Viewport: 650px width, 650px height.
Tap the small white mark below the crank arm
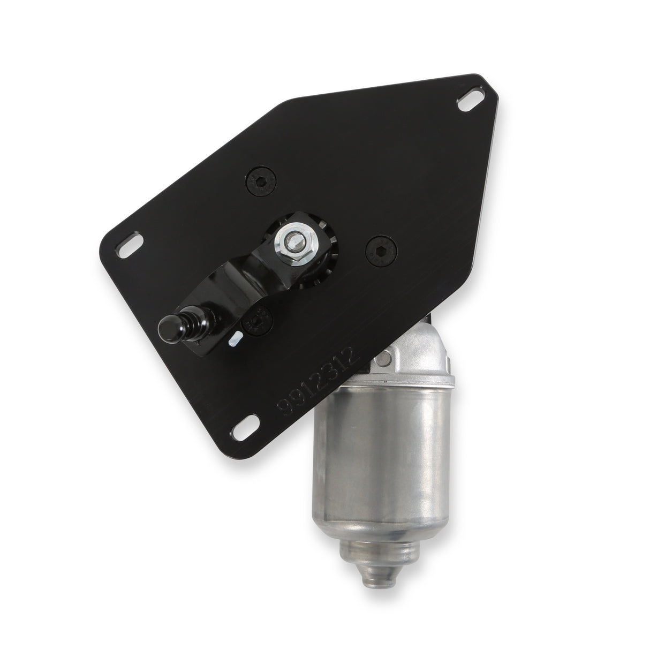[234, 339]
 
